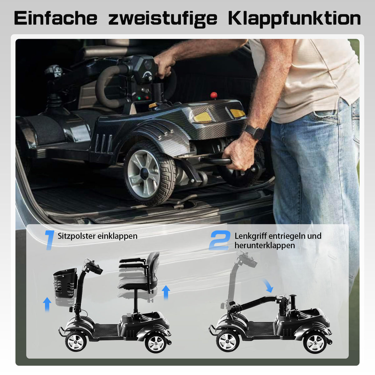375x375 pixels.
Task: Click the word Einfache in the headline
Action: tap(56, 18)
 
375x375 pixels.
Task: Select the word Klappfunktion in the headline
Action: tap(294, 19)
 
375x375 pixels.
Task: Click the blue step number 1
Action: tap(49, 240)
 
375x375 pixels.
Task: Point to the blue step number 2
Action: tap(219, 240)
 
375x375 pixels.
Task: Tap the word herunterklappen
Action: tap(265, 245)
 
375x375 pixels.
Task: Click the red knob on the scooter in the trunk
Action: tap(214, 95)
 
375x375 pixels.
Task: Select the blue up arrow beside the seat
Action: tap(166, 292)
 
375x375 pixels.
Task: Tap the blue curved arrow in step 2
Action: tap(267, 286)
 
